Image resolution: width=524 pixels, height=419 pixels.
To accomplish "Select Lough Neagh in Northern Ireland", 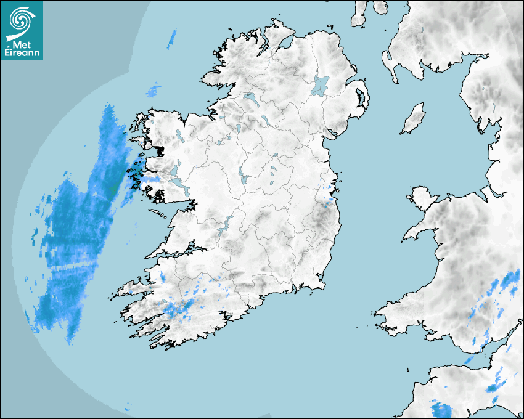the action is [x=321, y=85].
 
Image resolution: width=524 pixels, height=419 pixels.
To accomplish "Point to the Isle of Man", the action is [x=414, y=119].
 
